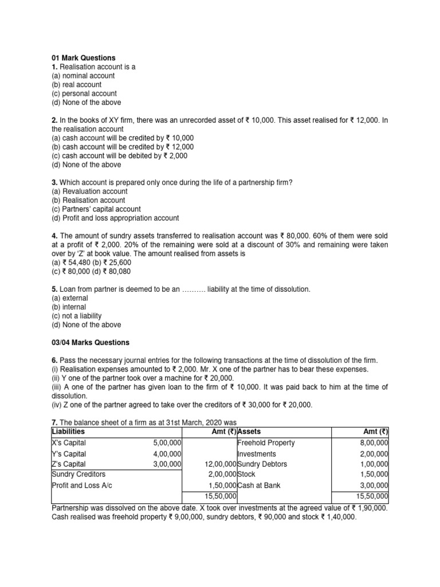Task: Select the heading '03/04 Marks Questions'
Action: [91, 343]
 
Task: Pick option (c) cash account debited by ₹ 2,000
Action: [119, 155]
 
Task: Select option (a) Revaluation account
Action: [89, 191]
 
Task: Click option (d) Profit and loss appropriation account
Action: [115, 218]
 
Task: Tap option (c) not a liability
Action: [76, 316]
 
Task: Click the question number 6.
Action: [54, 361]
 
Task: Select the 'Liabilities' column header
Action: [68, 432]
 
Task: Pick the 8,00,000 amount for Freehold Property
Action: [372, 443]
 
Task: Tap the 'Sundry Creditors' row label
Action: [78, 475]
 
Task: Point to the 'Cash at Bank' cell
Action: [258, 486]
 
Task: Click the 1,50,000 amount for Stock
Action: [372, 475]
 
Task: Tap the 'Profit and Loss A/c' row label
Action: [83, 486]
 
